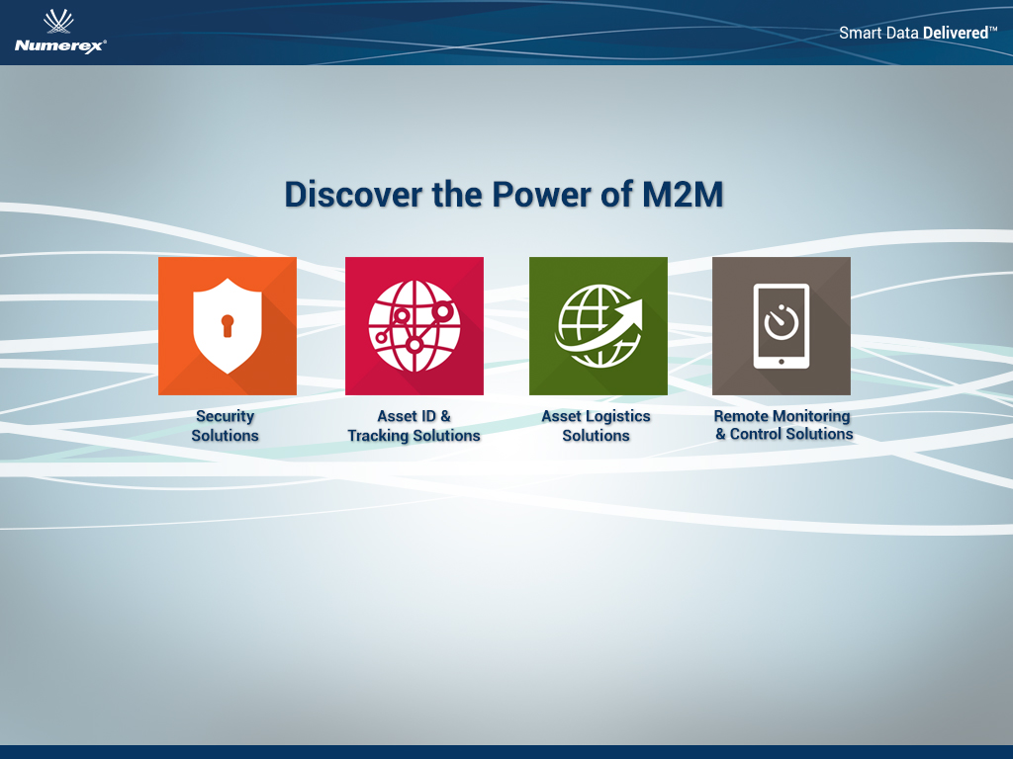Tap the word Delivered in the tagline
pos(956,33)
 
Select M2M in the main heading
pos(683,195)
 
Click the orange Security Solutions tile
pos(228,326)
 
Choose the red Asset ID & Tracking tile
pos(414,326)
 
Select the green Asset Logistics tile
pos(599,326)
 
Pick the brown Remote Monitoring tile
pos(782,326)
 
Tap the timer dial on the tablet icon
pos(782,321)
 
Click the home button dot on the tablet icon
pos(782,362)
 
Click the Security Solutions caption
pos(225,426)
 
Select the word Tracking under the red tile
pos(378,436)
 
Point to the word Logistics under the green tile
pos(618,416)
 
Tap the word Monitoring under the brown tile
pos(811,416)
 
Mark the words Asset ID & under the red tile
pos(414,416)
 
